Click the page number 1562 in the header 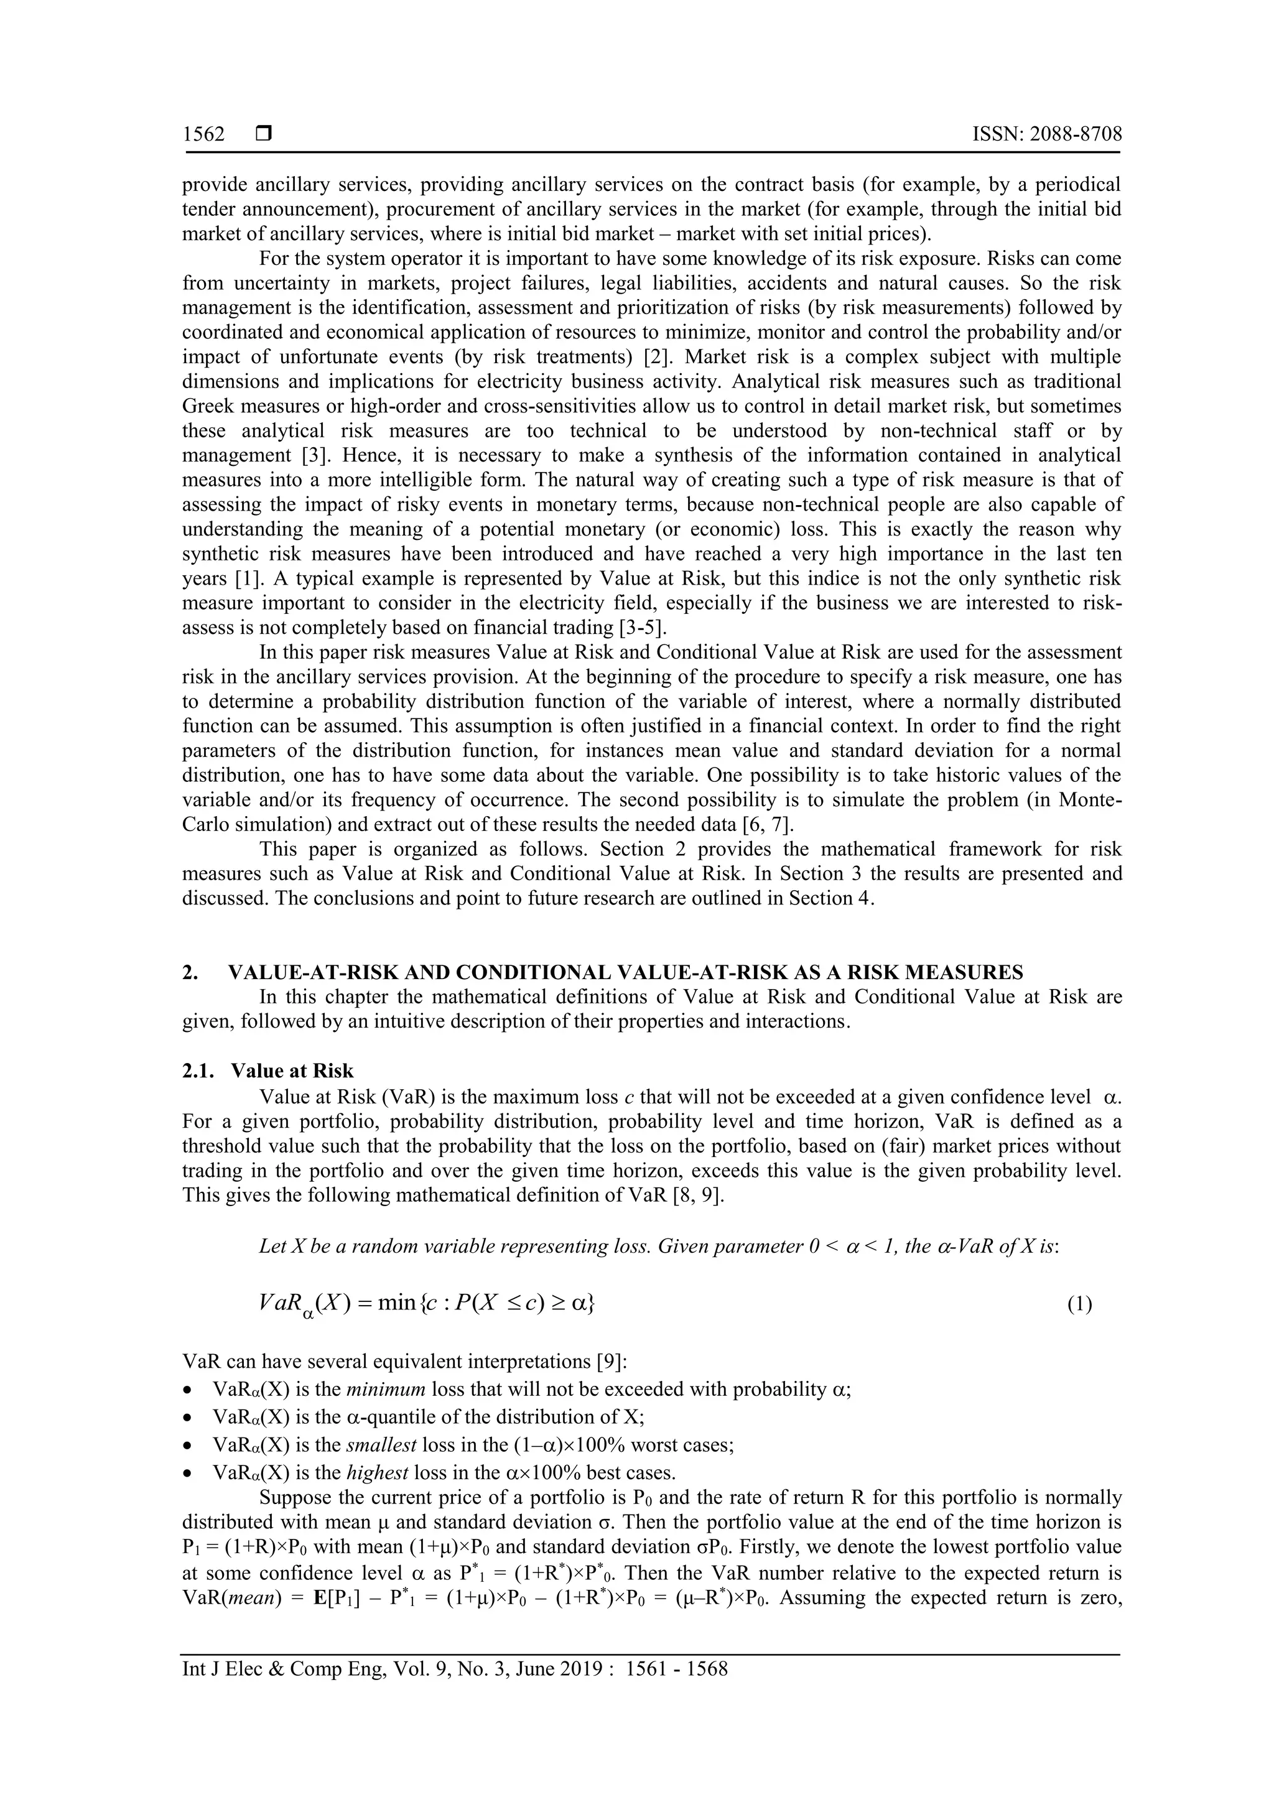(203, 134)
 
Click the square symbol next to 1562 (264, 134)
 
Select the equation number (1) (1079, 1304)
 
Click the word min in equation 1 (396, 1303)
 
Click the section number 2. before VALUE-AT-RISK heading (190, 972)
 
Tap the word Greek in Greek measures (207, 407)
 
